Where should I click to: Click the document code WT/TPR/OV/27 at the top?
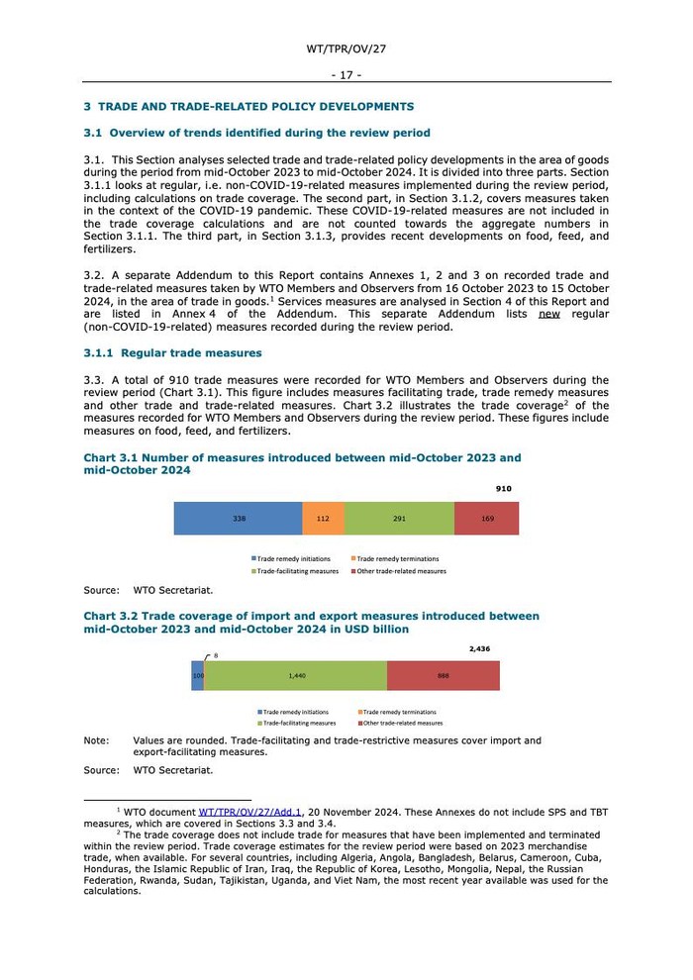(346, 48)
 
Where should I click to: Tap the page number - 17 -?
(346, 74)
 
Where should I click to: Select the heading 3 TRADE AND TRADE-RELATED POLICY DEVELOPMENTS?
(248, 107)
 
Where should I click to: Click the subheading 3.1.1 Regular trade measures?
(172, 352)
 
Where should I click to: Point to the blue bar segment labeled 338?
(238, 519)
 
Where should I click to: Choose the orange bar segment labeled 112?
(323, 519)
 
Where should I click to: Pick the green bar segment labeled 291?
(399, 519)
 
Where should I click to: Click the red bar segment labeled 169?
(486, 519)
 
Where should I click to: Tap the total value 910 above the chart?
(504, 489)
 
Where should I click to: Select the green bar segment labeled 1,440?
(296, 675)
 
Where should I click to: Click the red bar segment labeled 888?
(443, 675)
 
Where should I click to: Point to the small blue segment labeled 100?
(198, 675)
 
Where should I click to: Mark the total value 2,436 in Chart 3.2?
(479, 649)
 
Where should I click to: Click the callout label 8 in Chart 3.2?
(216, 655)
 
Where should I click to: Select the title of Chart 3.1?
(301, 464)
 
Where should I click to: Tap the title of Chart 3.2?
(311, 622)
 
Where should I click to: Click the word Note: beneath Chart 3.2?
(96, 740)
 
